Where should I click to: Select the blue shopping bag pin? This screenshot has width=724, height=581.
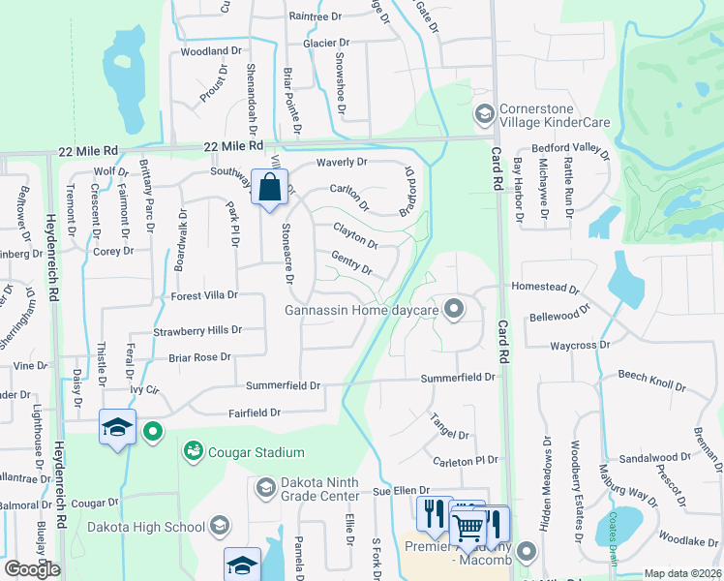pyautogui.click(x=270, y=185)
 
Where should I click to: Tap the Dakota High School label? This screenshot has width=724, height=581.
pyautogui.click(x=145, y=527)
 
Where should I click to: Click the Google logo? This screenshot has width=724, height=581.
pyautogui.click(x=32, y=569)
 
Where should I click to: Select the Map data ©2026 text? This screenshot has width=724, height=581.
pyautogui.click(x=681, y=573)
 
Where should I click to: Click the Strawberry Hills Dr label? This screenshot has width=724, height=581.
pyautogui.click(x=197, y=330)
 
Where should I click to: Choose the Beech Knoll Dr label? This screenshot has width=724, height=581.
pyautogui.click(x=651, y=380)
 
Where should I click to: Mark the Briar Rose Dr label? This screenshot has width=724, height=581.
pyautogui.click(x=199, y=356)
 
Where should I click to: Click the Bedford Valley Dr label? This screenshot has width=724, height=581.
pyautogui.click(x=571, y=150)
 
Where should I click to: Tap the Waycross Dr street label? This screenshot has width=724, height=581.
pyautogui.click(x=580, y=344)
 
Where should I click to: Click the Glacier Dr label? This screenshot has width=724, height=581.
pyautogui.click(x=325, y=44)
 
